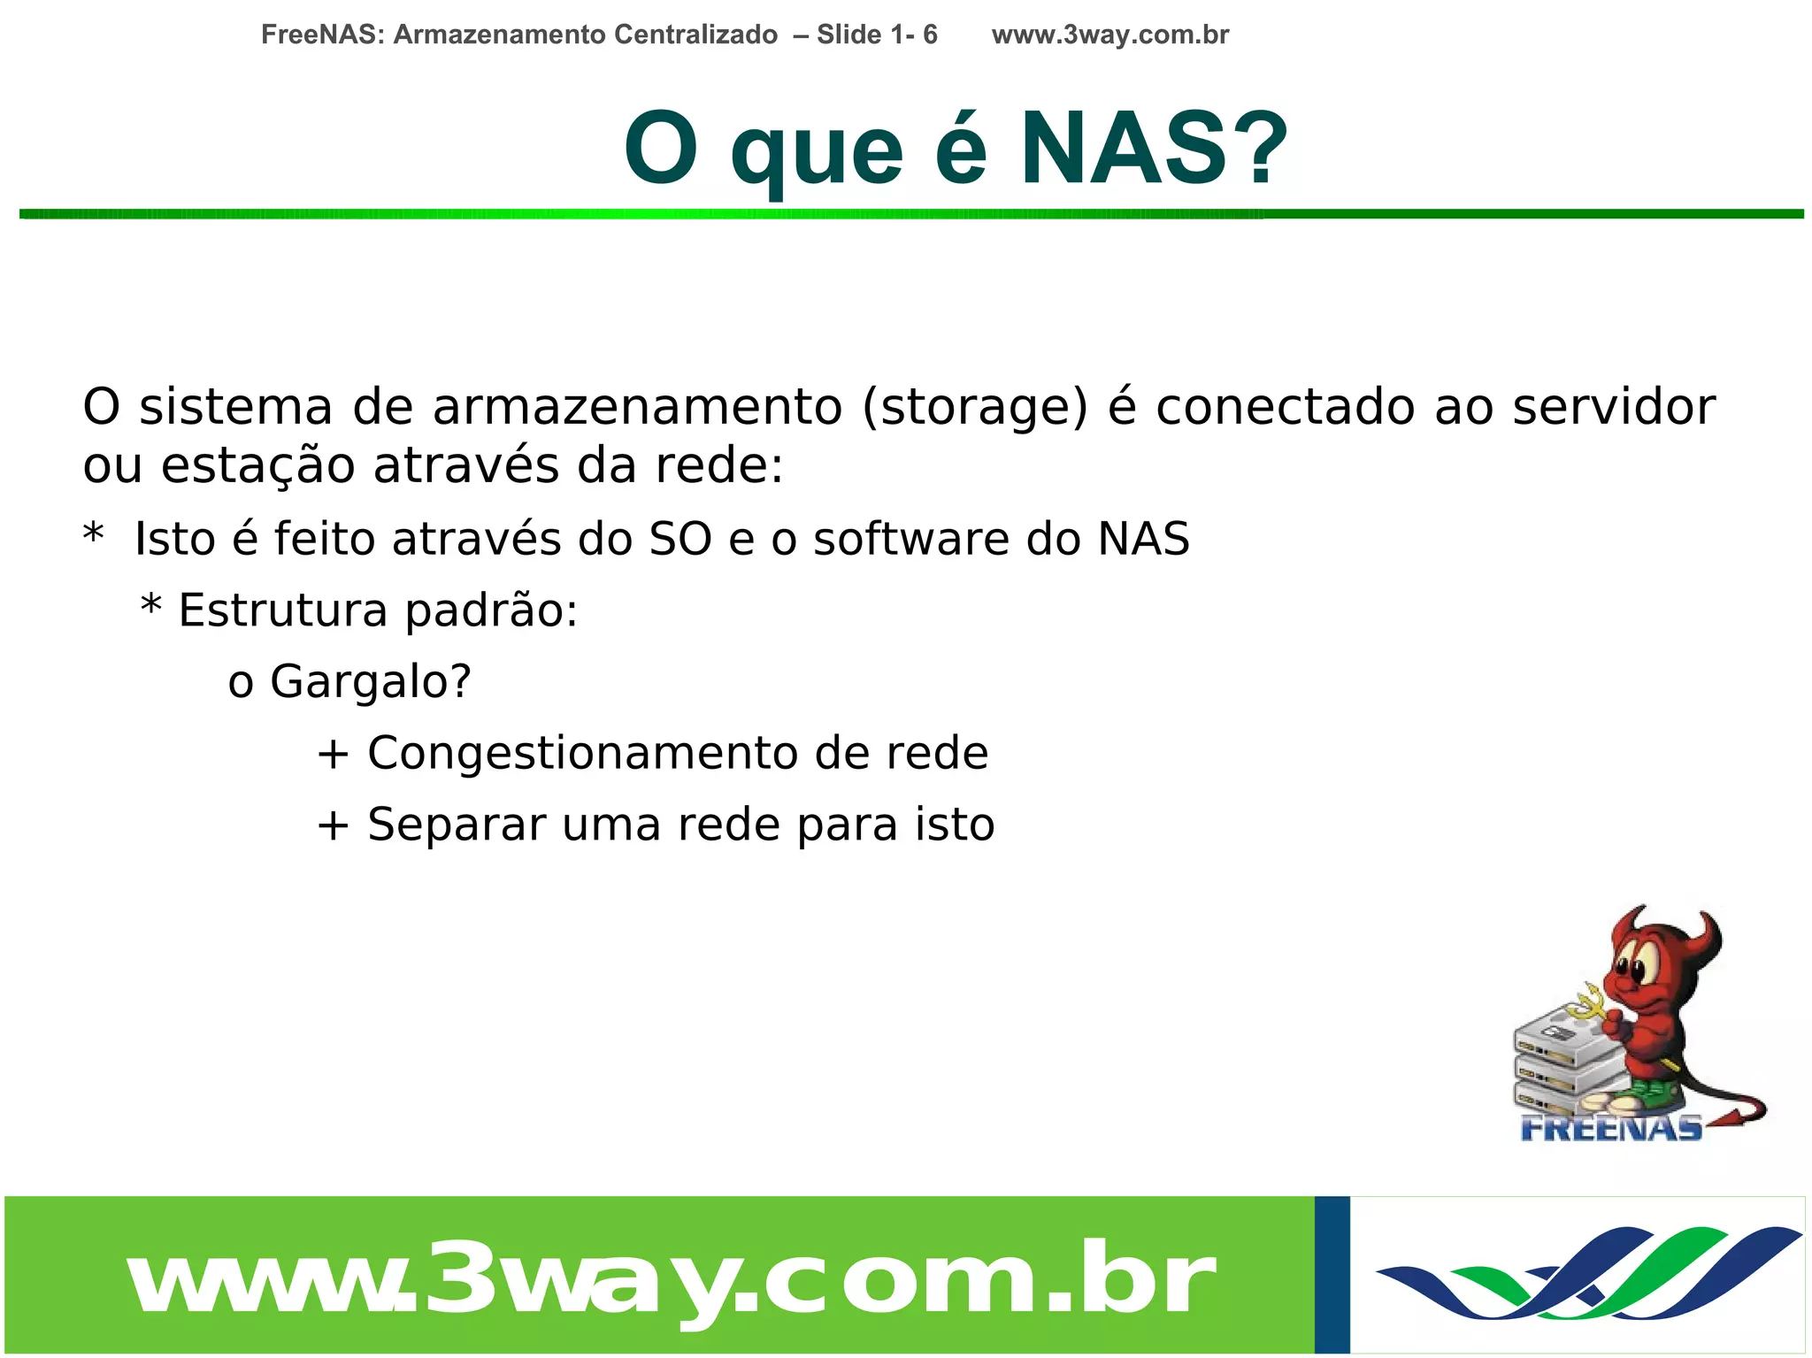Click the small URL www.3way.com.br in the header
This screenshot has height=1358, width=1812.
(x=1109, y=35)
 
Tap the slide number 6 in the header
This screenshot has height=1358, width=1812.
(x=930, y=35)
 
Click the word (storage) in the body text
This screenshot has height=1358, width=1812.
(x=974, y=407)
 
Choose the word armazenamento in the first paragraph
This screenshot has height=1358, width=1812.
(x=637, y=407)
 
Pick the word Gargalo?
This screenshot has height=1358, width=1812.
(x=371, y=681)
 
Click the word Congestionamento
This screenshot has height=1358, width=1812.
(x=583, y=753)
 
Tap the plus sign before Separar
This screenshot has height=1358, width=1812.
(x=333, y=825)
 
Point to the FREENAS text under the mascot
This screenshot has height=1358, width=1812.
(x=1611, y=1128)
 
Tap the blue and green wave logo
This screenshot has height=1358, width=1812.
(x=1588, y=1274)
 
